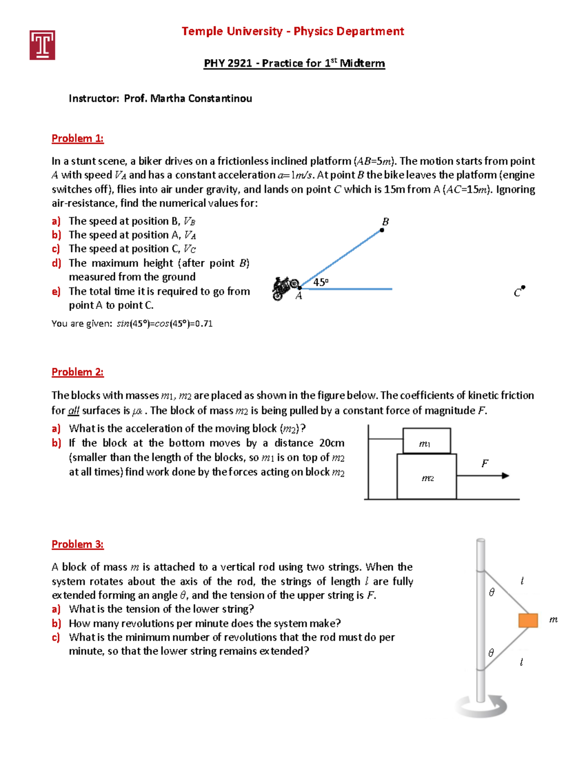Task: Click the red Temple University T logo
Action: pyautogui.click(x=42, y=45)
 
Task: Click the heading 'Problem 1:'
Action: pyautogui.click(x=78, y=139)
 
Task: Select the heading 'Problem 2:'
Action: pyautogui.click(x=78, y=372)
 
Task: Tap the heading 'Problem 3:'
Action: pyautogui.click(x=78, y=544)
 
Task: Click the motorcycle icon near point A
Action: pyautogui.click(x=284, y=288)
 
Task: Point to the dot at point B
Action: pyautogui.click(x=382, y=230)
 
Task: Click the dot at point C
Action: pyautogui.click(x=523, y=287)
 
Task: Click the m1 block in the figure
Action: pyautogui.click(x=426, y=441)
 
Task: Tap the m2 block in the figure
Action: pyautogui.click(x=427, y=476)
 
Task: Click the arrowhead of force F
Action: pyautogui.click(x=505, y=475)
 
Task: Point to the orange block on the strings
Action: pyautogui.click(x=528, y=620)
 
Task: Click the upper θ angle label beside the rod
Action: pyautogui.click(x=492, y=592)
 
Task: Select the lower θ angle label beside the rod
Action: pyautogui.click(x=491, y=653)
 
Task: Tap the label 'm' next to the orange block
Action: pyautogui.click(x=553, y=619)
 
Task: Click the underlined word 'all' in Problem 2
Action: pyautogui.click(x=73, y=411)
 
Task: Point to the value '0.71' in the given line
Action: pyautogui.click(x=204, y=324)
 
